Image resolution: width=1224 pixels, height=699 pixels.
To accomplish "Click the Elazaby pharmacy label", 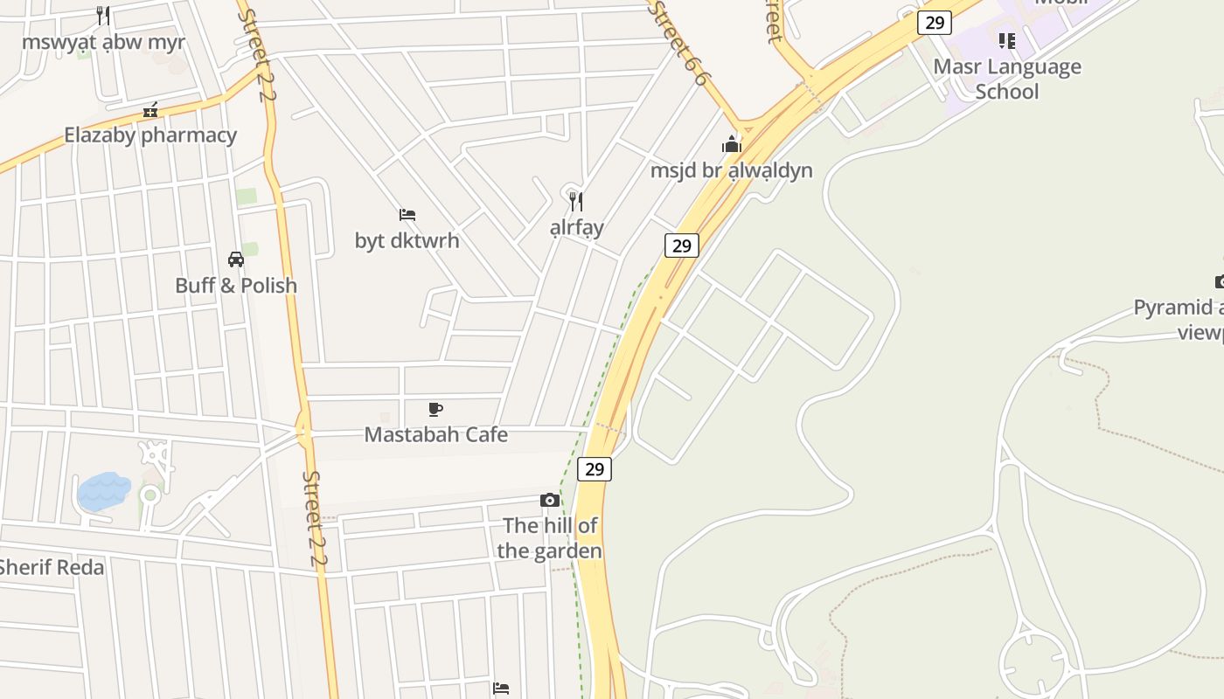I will (150, 135).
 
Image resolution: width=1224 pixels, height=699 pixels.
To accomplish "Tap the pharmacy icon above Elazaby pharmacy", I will (150, 110).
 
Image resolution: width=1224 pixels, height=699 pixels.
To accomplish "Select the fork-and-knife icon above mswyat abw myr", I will (103, 16).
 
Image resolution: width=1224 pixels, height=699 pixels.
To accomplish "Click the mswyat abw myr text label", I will (103, 42).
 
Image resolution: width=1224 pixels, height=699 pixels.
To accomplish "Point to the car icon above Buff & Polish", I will (236, 260).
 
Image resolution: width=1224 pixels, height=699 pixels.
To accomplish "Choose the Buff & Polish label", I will (236, 286).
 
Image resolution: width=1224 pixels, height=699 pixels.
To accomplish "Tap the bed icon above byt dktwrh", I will (407, 214).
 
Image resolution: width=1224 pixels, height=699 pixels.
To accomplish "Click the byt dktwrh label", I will (407, 240).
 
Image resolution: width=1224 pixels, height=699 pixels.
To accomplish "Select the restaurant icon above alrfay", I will (576, 202).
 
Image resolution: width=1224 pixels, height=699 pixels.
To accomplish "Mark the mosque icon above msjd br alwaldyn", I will (732, 144).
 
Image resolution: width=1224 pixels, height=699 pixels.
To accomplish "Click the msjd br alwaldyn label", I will (732, 170).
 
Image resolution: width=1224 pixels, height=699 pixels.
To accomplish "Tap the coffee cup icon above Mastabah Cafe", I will (435, 409).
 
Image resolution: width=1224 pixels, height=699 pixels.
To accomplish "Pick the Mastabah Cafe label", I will (435, 435).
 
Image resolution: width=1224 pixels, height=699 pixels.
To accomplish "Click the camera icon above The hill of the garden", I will (550, 500).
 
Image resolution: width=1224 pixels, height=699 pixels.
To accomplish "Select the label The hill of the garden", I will (550, 538).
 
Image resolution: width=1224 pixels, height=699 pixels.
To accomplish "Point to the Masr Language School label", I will (1007, 79).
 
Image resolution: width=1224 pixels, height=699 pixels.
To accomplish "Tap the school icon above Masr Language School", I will (1007, 41).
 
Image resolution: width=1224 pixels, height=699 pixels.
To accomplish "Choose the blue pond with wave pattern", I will (103, 491).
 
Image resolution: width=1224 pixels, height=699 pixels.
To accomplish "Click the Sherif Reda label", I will (51, 567).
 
